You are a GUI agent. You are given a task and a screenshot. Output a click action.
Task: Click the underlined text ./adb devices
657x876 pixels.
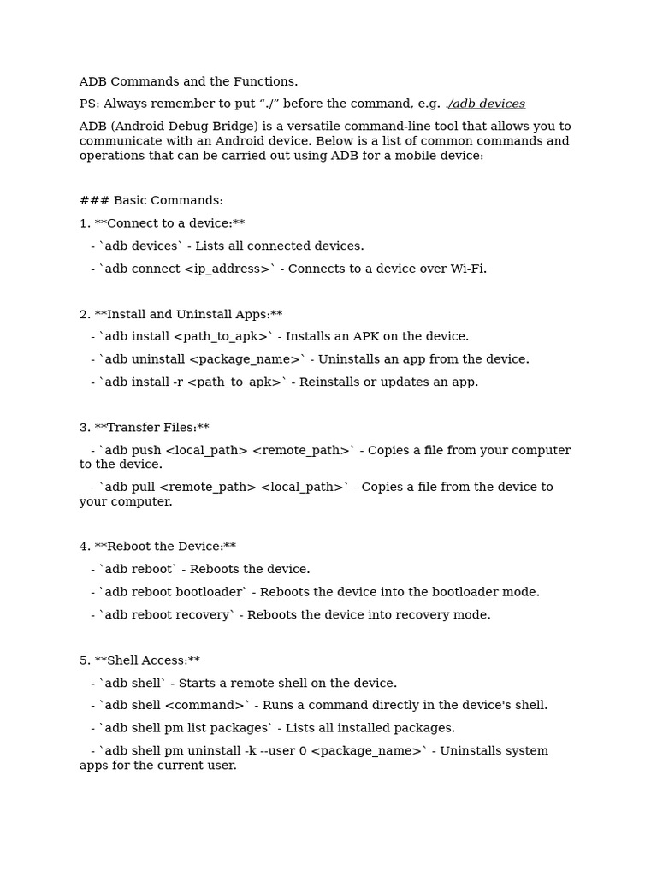(486, 104)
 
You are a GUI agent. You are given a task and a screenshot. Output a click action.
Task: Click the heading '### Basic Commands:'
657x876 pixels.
(151, 200)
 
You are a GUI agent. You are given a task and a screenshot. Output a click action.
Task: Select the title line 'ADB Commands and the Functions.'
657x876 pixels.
(188, 81)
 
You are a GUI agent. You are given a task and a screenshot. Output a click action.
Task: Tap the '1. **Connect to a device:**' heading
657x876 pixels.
(162, 223)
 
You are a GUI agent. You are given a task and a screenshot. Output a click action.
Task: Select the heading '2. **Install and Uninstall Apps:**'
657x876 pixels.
(181, 314)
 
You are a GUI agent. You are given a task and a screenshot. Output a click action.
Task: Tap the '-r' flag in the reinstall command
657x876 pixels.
(178, 382)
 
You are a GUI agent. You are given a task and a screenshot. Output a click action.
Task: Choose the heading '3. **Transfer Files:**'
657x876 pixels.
(144, 427)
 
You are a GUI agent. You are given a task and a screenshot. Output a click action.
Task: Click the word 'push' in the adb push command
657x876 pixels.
(145, 450)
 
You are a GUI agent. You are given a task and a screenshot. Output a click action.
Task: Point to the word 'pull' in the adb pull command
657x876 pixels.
(143, 487)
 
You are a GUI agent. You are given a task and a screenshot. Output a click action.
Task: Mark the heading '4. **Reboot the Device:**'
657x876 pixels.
(157, 546)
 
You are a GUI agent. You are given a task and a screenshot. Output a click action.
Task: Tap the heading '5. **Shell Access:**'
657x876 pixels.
(139, 660)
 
